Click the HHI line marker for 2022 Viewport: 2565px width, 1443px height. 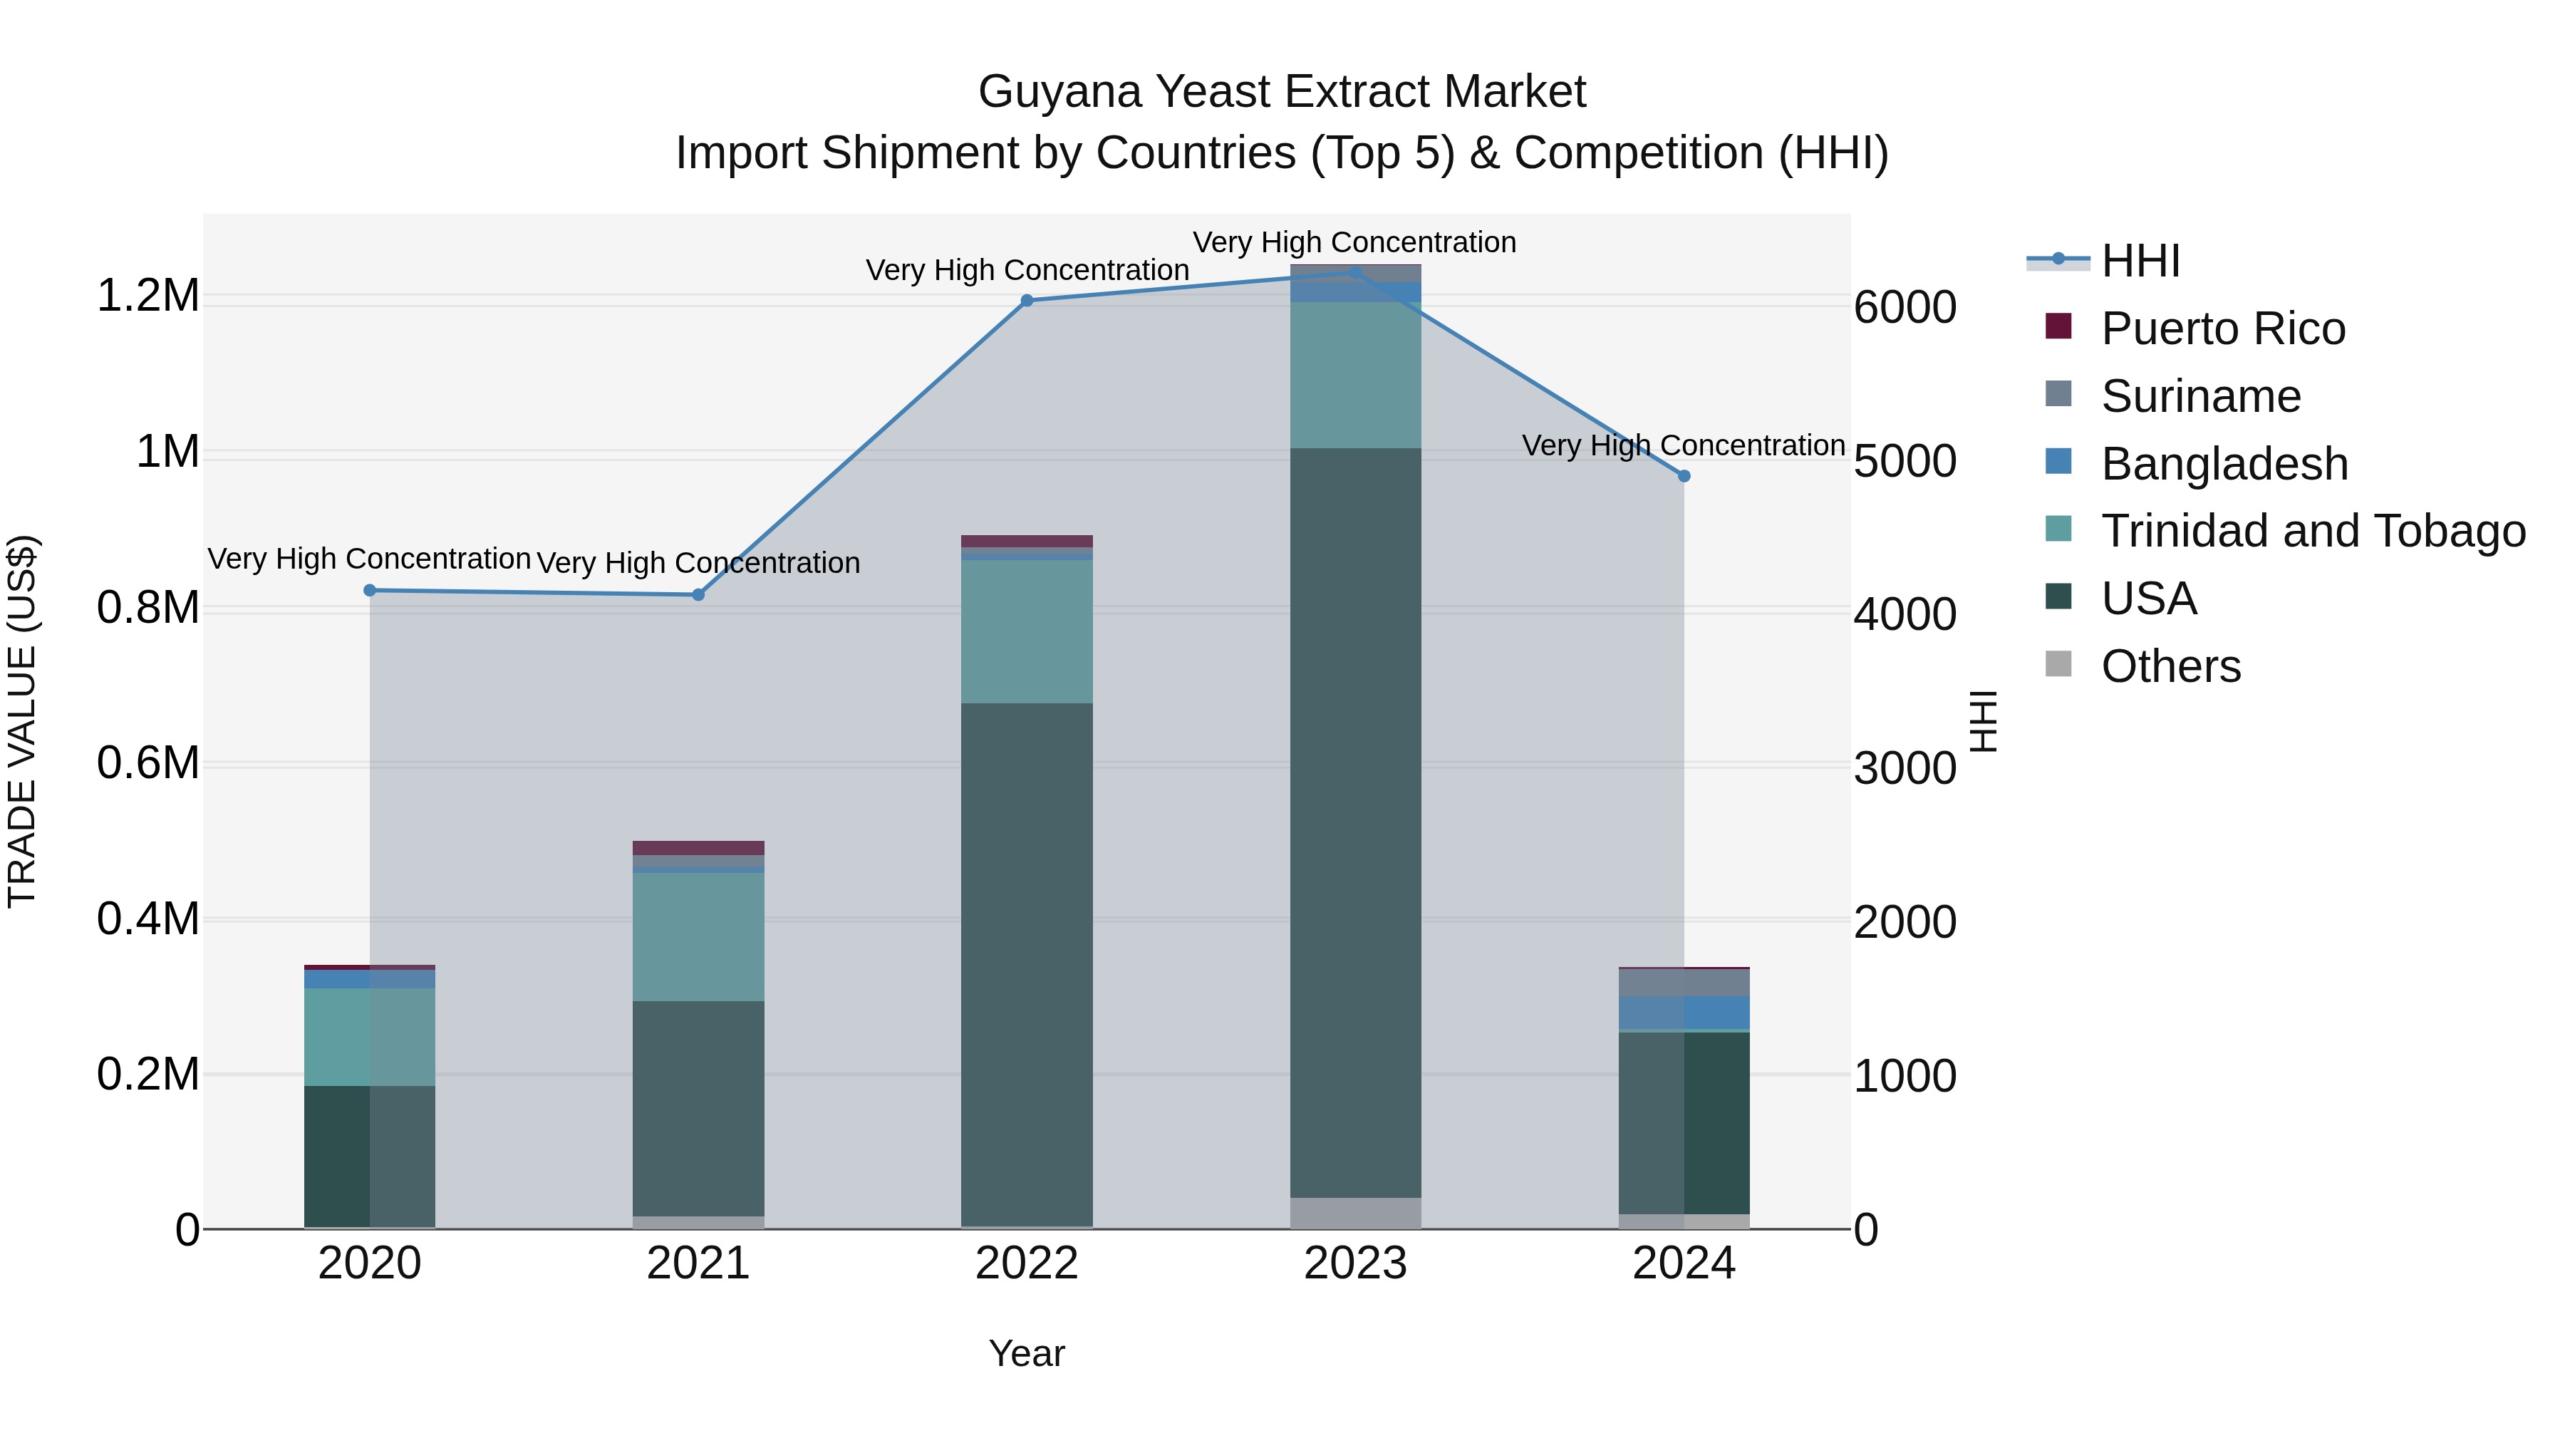[1027, 301]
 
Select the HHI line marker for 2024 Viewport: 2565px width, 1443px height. [1684, 476]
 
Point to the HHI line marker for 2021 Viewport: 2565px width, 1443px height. [698, 594]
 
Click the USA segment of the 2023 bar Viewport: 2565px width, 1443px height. [1355, 822]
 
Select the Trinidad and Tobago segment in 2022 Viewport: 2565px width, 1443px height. [1027, 631]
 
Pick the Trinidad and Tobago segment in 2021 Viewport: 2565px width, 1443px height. [698, 936]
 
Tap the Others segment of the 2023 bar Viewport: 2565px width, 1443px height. [1355, 1213]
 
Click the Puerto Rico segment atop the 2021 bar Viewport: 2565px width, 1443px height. [698, 847]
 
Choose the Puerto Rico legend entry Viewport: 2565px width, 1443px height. [2222, 329]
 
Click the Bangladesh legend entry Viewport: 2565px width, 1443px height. [2224, 464]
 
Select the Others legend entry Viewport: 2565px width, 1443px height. [2171, 666]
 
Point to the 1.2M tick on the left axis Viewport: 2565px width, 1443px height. [147, 296]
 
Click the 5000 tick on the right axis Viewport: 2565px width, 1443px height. [1905, 461]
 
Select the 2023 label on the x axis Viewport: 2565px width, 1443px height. [1355, 1263]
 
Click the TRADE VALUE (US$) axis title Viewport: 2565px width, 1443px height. [22, 721]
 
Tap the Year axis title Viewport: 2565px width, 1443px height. [1027, 1353]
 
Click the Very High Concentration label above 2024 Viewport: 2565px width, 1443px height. [1683, 445]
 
